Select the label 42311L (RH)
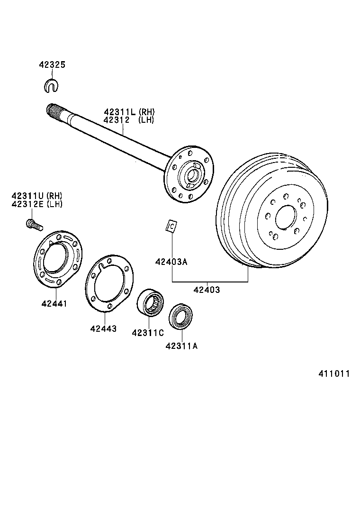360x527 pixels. (x=129, y=112)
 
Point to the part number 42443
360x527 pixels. (x=103, y=328)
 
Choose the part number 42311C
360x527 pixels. (x=148, y=333)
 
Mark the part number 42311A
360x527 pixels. (x=181, y=346)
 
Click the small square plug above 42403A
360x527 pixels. (x=171, y=227)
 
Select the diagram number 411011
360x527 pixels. (x=333, y=373)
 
